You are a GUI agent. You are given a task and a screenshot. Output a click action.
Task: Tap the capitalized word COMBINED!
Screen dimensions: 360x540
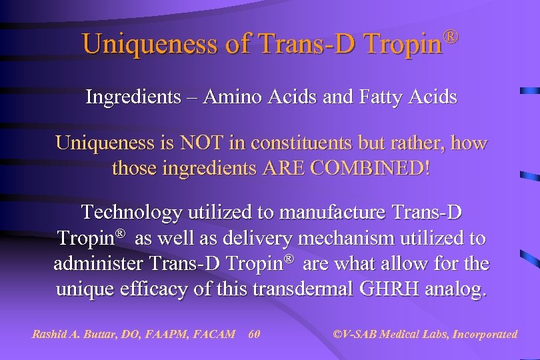379,167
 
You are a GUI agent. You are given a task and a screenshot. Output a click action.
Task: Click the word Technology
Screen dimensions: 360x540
131,213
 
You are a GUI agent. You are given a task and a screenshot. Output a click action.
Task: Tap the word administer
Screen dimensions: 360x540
95,263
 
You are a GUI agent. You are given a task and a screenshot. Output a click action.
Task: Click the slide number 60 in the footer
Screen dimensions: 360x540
253,334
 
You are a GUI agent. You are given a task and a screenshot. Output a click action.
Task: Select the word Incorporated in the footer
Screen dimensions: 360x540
485,334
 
